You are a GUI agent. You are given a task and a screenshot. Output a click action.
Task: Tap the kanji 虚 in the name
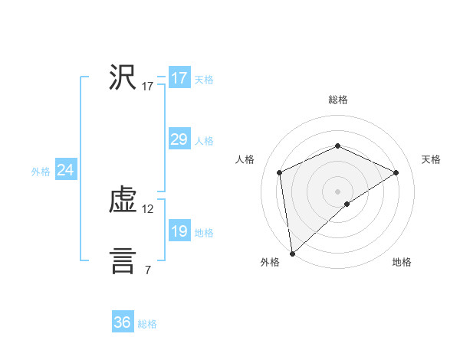tap(123, 201)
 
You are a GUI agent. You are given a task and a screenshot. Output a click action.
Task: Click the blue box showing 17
tap(179, 78)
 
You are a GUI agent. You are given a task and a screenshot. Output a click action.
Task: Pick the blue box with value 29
tap(179, 139)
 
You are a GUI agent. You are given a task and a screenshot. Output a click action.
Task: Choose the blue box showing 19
tap(179, 231)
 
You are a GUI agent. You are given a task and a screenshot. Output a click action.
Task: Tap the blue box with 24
tap(66, 170)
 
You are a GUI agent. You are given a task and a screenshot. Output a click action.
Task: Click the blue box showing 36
tap(123, 322)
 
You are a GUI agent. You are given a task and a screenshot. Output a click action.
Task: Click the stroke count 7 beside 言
tap(148, 270)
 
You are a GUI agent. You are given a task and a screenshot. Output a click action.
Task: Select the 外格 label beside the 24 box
tap(41, 172)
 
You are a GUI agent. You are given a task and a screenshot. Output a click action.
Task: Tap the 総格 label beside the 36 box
tap(147, 324)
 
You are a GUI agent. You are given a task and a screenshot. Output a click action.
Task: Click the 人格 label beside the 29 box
tap(204, 141)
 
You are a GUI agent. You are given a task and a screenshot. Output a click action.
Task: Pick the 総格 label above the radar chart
tap(337, 100)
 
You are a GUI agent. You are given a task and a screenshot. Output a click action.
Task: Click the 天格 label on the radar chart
tap(431, 159)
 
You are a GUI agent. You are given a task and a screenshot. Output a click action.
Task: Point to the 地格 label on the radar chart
tap(402, 263)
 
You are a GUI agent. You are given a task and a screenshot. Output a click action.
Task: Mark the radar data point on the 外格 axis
tap(291, 254)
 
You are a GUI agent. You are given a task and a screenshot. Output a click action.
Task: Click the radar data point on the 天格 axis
tap(396, 172)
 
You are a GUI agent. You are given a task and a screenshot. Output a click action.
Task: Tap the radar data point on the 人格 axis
tap(280, 172)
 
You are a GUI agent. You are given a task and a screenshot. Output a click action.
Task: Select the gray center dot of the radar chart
tap(337, 191)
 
